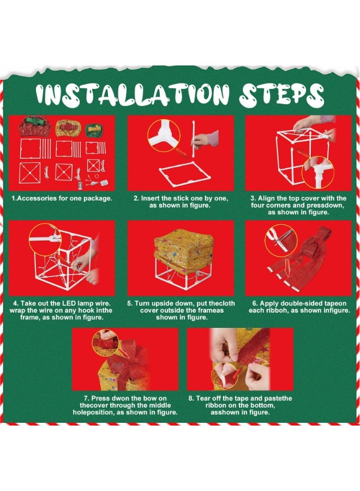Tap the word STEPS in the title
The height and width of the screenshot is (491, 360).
[281, 94]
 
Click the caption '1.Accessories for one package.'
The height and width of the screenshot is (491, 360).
[62, 198]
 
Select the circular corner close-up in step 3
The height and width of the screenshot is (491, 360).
[318, 172]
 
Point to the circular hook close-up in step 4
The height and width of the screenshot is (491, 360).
[45, 239]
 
